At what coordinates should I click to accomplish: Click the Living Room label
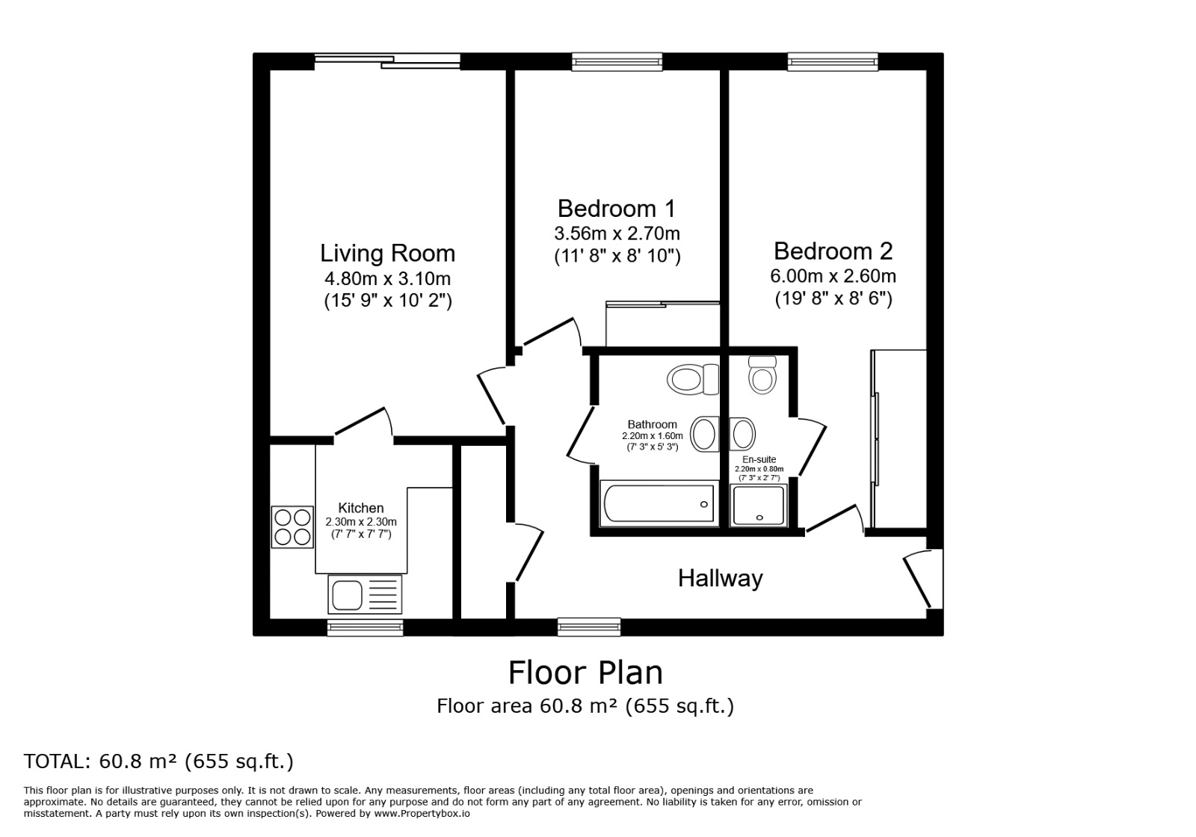[387, 254]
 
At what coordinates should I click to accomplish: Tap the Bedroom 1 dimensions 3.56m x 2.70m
[617, 233]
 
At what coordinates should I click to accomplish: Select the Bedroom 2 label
[833, 251]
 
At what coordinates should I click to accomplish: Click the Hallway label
[720, 578]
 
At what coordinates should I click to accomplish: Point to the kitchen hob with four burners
[292, 527]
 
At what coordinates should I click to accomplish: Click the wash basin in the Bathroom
[704, 434]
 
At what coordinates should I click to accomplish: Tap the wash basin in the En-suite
[742, 434]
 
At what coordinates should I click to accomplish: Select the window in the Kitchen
[365, 627]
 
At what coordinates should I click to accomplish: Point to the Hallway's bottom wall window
[589, 626]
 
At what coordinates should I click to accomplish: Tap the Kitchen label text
[361, 509]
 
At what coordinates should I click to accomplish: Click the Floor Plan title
[585, 672]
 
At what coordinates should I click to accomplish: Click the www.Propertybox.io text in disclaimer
[422, 813]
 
